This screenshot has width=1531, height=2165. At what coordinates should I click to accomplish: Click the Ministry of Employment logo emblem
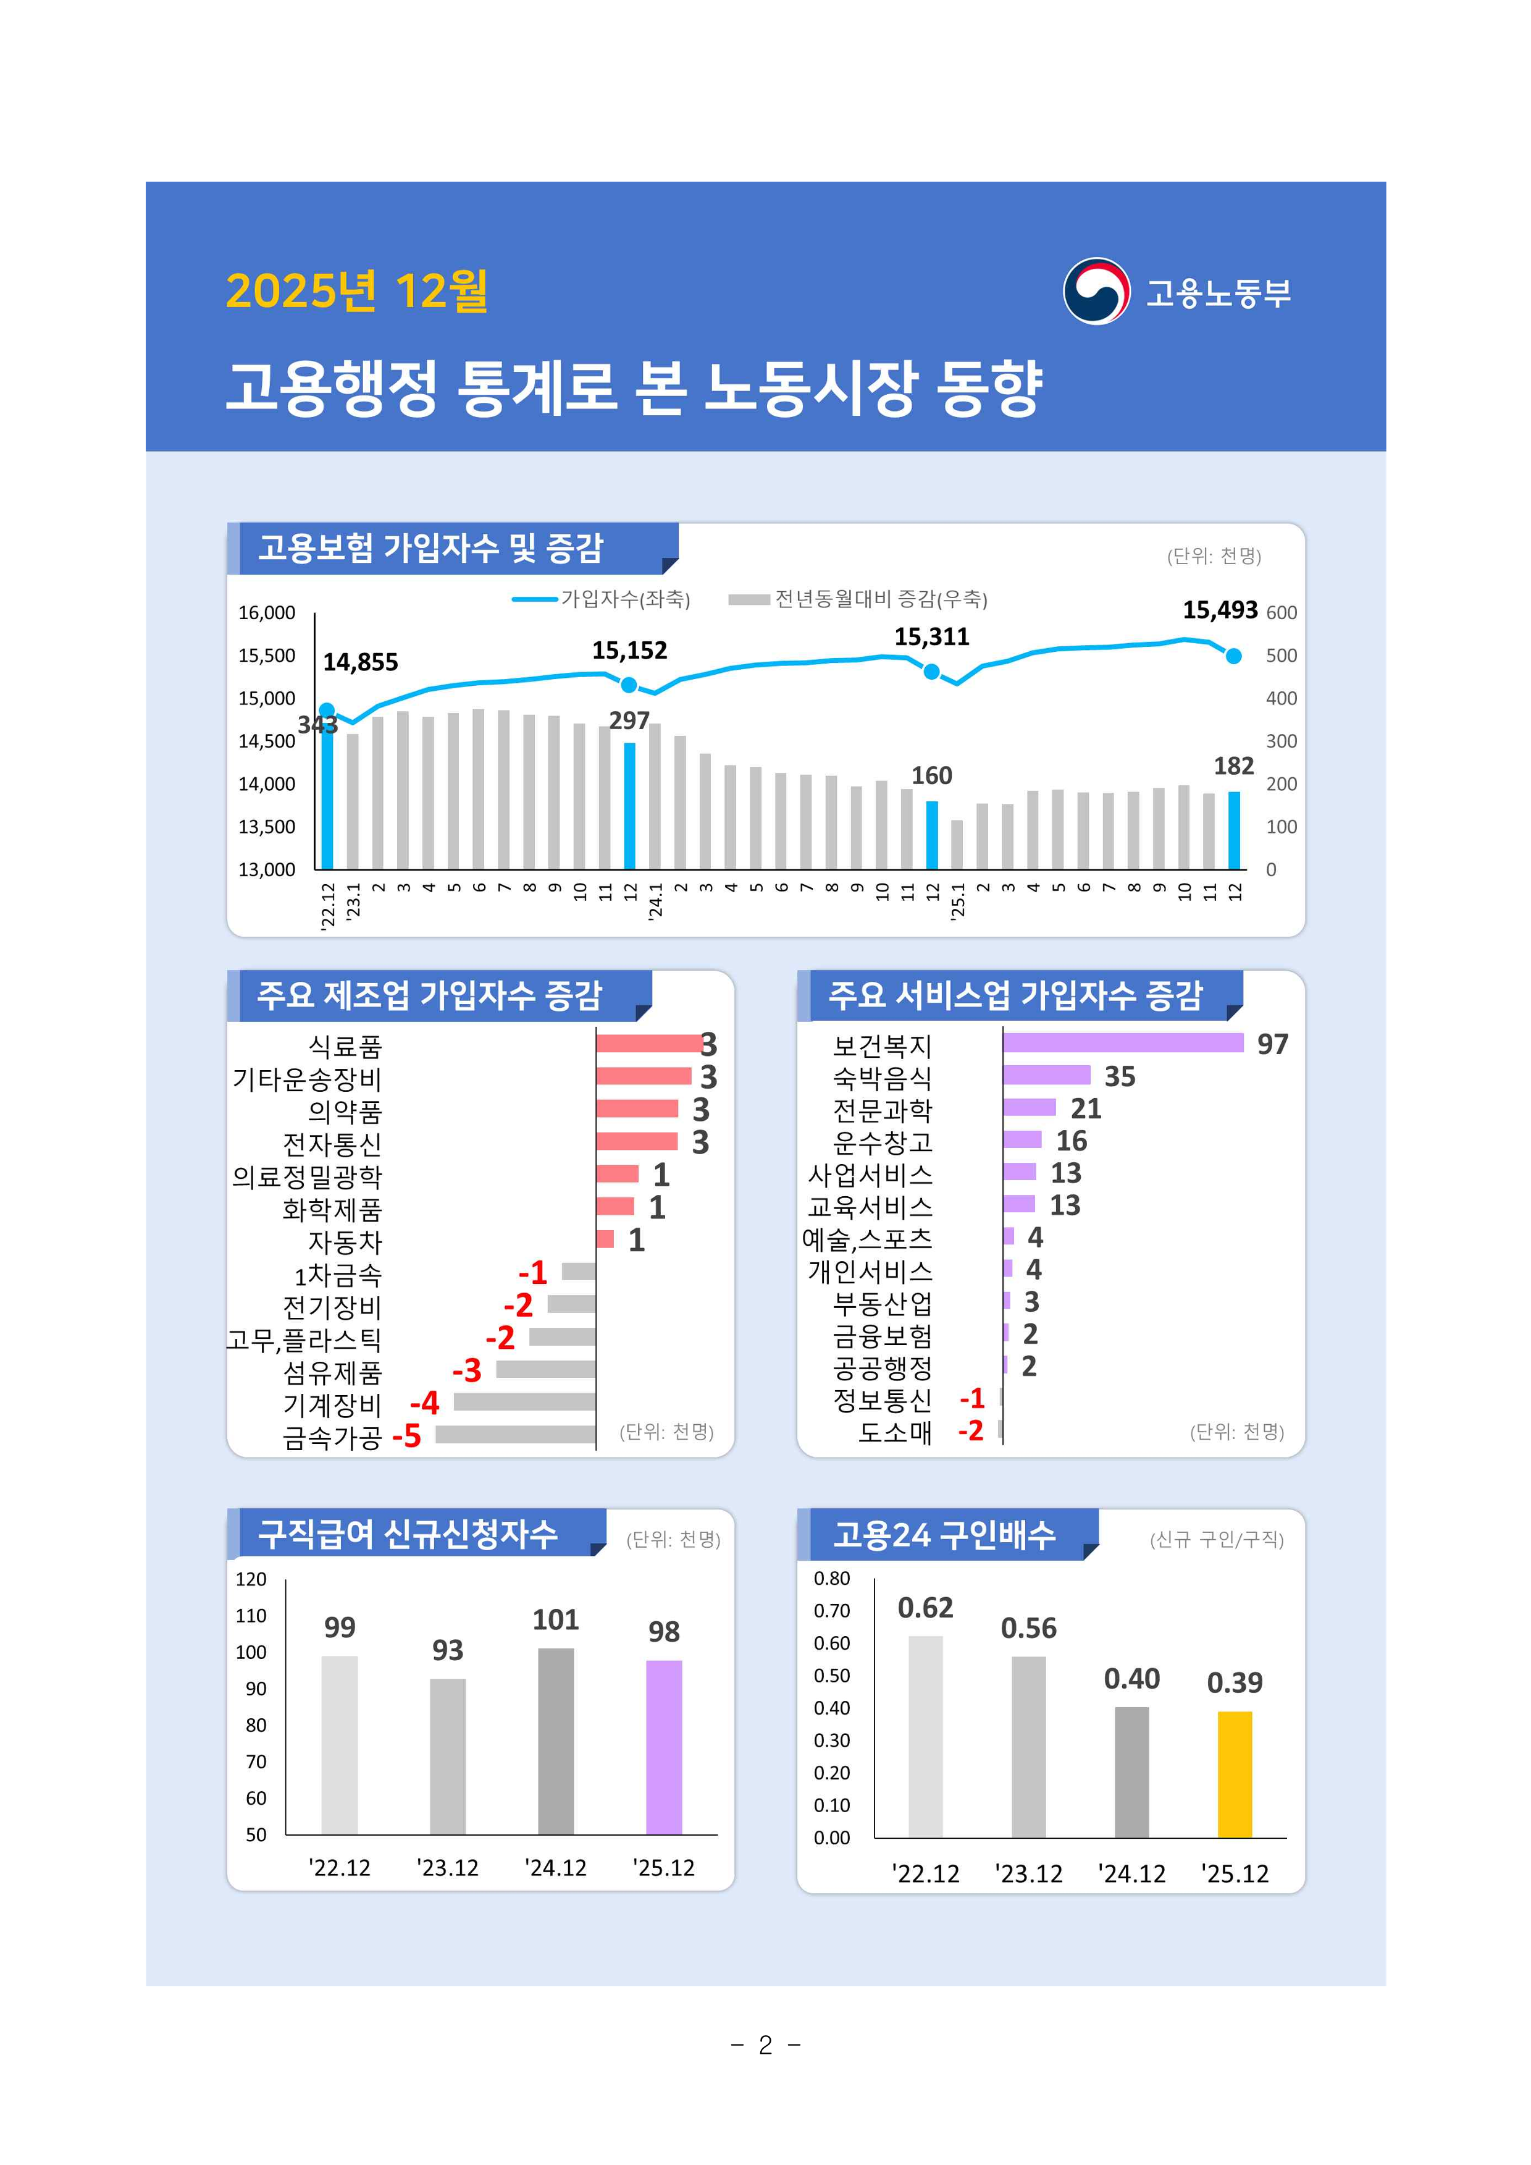tap(1096, 292)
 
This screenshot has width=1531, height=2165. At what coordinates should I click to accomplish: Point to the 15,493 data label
tap(1220, 610)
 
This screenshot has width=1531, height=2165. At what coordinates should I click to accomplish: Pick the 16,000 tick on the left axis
tap(267, 613)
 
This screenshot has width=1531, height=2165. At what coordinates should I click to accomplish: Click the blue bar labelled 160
tap(931, 835)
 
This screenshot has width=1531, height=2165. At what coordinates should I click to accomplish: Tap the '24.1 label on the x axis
tap(655, 900)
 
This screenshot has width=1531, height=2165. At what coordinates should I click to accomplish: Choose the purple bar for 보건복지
tap(1123, 1042)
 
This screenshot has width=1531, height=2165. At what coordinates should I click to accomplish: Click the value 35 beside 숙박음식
tap(1120, 1076)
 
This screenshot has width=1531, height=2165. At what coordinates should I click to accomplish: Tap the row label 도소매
tap(895, 1432)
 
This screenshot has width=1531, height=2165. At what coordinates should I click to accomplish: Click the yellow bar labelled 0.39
tap(1234, 1774)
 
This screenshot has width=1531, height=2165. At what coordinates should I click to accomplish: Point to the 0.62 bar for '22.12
tap(925, 1736)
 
